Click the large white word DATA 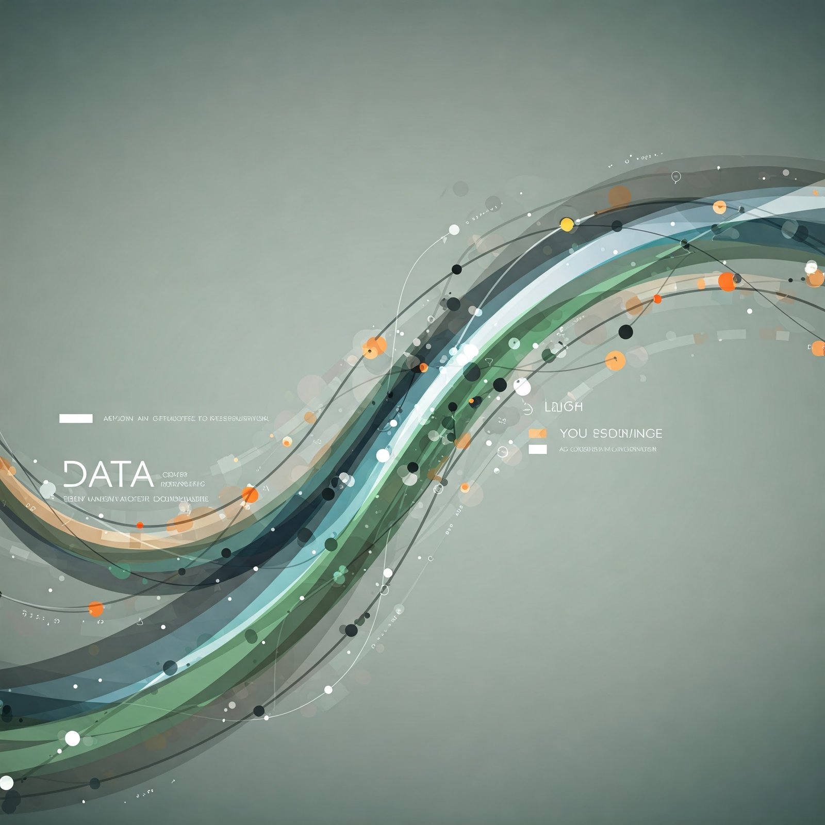108,474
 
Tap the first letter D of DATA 74,474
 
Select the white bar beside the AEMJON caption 76,418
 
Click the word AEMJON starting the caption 118,419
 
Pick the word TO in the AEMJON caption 203,419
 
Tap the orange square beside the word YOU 537,433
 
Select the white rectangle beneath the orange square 537,449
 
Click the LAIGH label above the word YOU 564,407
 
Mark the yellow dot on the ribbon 567,224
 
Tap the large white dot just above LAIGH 522,386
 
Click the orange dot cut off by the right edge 818,348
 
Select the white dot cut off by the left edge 6,782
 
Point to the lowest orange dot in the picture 96,609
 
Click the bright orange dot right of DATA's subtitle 250,494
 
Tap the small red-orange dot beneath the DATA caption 140,525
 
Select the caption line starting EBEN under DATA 136,499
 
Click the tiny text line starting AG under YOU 608,449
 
